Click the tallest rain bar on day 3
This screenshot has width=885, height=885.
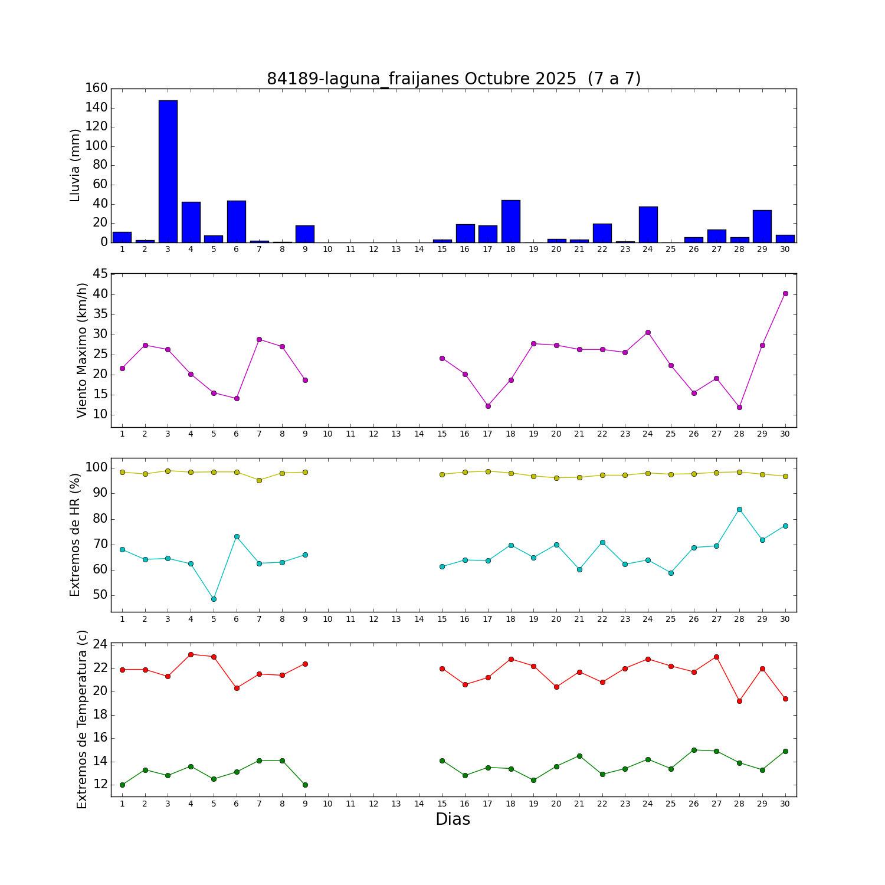click(x=168, y=171)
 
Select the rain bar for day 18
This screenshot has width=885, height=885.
click(x=510, y=221)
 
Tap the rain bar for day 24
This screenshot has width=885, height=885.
click(x=648, y=224)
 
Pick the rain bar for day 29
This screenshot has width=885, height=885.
click(x=762, y=226)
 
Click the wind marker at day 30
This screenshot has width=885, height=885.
click(x=785, y=293)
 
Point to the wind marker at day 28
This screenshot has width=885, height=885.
click(x=739, y=407)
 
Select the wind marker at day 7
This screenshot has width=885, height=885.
click(x=259, y=339)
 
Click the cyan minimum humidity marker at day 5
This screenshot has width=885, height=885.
click(x=214, y=599)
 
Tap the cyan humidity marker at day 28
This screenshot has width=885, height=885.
click(x=739, y=509)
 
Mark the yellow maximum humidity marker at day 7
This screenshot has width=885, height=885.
click(x=259, y=480)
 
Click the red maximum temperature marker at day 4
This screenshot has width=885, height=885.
click(x=191, y=654)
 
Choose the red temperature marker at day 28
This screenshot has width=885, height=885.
click(x=739, y=701)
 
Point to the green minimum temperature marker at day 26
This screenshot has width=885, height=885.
click(x=694, y=750)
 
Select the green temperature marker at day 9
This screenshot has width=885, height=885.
click(x=305, y=785)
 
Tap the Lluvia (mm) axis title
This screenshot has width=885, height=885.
click(x=75, y=165)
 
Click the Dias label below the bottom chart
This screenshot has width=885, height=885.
click(x=453, y=819)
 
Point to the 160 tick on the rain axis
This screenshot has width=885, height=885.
click(x=96, y=88)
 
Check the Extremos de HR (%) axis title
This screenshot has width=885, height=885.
click(x=75, y=535)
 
